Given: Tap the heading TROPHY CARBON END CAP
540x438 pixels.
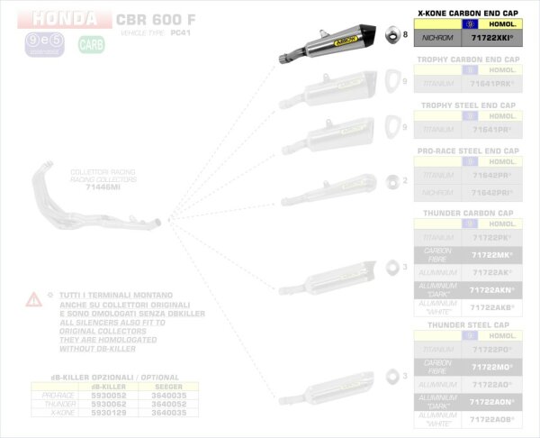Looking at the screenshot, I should pos(468,59).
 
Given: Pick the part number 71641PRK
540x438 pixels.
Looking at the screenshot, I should pos(492,83).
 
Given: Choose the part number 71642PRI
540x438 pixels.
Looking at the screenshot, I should pos(492,193).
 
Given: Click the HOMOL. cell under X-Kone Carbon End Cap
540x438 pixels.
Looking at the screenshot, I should pos(492,27).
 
